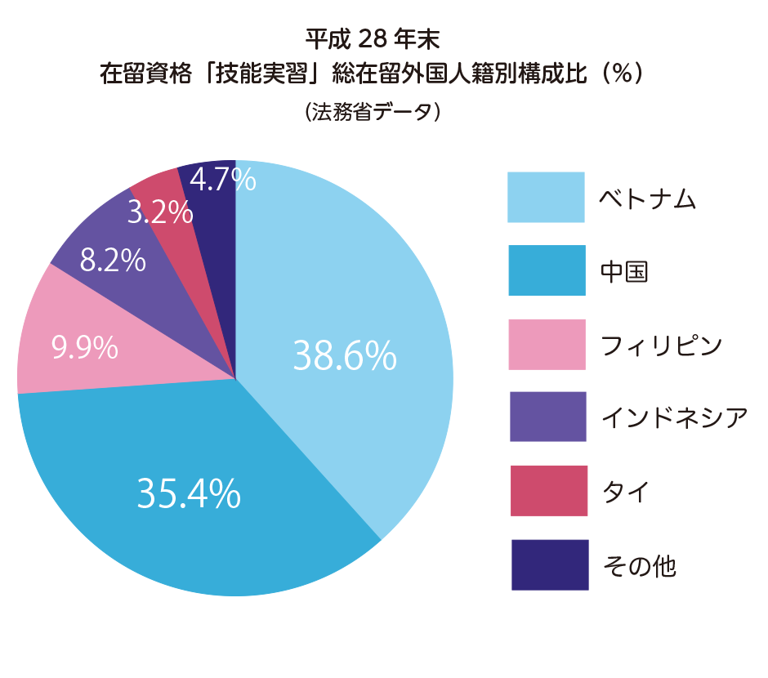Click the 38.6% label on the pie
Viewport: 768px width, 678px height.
[344, 355]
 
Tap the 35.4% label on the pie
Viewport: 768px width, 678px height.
[189, 493]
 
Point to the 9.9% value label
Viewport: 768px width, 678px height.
[85, 349]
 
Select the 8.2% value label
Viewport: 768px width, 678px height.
[113, 261]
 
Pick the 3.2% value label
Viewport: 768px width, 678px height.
[160, 213]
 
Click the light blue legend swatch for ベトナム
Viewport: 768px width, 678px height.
[546, 197]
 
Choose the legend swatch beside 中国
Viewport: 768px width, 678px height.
[546, 270]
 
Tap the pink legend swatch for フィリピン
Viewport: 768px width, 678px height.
[547, 344]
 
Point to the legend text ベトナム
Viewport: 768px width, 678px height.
[648, 198]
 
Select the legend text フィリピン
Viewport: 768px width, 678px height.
[661, 346]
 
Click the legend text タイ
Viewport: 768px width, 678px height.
[625, 492]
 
